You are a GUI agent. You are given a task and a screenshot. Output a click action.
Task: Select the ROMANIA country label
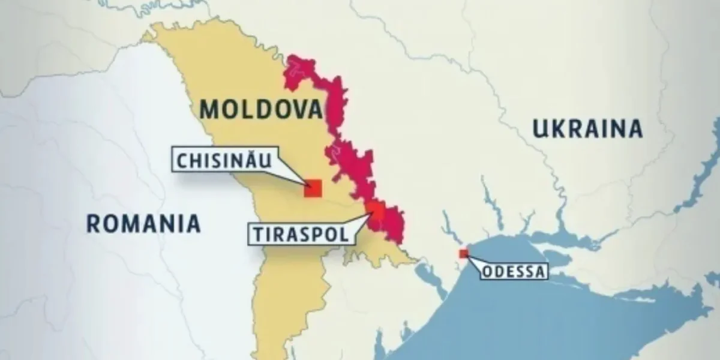(x=143, y=223)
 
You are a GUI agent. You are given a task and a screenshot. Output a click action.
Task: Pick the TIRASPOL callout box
(x=298, y=233)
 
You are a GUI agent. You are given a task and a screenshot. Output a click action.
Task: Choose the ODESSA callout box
(x=515, y=272)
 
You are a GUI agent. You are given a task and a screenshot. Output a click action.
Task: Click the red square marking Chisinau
(x=313, y=188)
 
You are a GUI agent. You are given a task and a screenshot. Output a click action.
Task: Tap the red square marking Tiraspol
(x=376, y=208)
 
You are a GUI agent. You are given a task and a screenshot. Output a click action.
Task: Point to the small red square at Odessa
(x=463, y=254)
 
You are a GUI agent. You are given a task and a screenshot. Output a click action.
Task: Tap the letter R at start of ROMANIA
(x=94, y=223)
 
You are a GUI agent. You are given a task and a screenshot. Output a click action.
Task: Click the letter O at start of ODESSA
(x=488, y=272)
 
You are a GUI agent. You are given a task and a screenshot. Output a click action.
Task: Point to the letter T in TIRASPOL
(x=254, y=233)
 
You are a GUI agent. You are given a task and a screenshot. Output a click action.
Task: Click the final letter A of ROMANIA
(x=192, y=223)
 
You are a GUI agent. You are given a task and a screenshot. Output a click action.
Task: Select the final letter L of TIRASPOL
(x=343, y=233)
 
